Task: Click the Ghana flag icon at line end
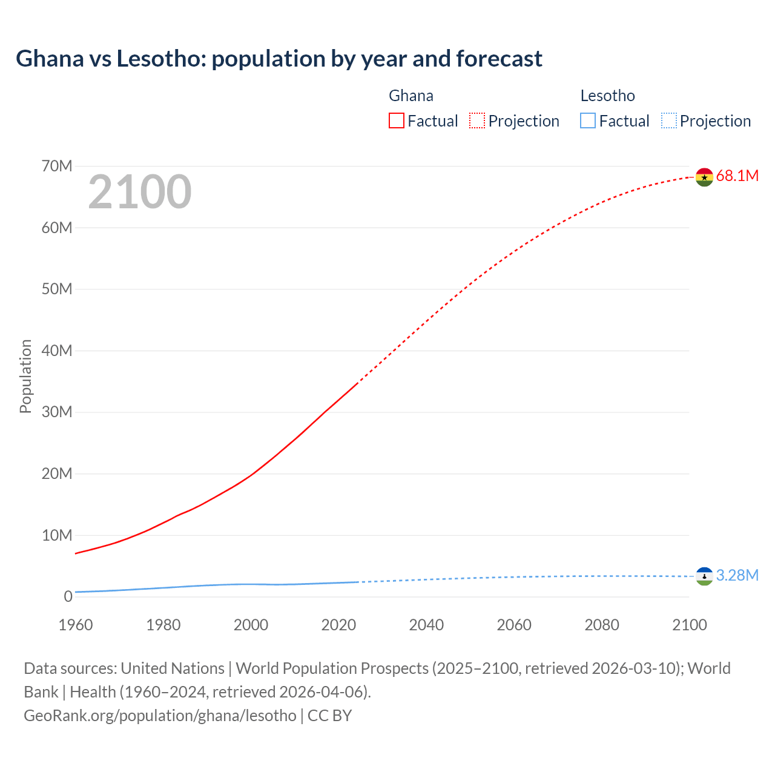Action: pyautogui.click(x=704, y=177)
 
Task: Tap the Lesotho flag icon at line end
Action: pyautogui.click(x=704, y=576)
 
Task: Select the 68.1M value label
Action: pyautogui.click(x=737, y=176)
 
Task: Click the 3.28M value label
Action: pyautogui.click(x=737, y=575)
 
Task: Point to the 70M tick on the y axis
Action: pyautogui.click(x=57, y=166)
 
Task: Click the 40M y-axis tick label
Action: pyautogui.click(x=57, y=351)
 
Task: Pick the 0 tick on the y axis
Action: pyautogui.click(x=68, y=596)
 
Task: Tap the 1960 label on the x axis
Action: pyautogui.click(x=76, y=625)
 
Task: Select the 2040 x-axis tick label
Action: pyautogui.click(x=426, y=625)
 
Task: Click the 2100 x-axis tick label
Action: pyautogui.click(x=689, y=625)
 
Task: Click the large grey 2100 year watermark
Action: pyautogui.click(x=140, y=192)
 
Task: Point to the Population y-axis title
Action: pyautogui.click(x=25, y=376)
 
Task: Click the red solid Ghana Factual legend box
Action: pyautogui.click(x=396, y=121)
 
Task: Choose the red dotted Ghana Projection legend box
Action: pyautogui.click(x=477, y=121)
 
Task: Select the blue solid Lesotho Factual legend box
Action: pyautogui.click(x=587, y=121)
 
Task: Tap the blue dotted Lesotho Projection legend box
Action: pyautogui.click(x=668, y=121)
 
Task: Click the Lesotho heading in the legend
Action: pyautogui.click(x=607, y=96)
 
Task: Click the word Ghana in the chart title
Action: pyautogui.click(x=50, y=59)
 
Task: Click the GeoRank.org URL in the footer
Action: pyautogui.click(x=160, y=716)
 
